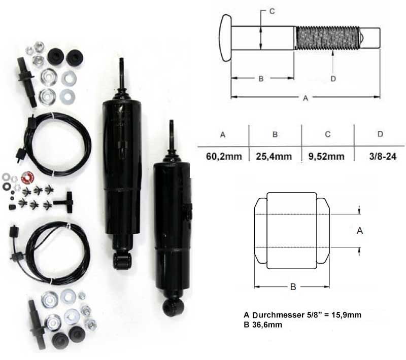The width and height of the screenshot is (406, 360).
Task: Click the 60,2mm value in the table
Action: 224,157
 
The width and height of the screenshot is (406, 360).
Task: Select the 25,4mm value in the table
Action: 274,157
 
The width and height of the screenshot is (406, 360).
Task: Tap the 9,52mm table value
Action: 326,157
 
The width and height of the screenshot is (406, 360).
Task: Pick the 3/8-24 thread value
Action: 383,157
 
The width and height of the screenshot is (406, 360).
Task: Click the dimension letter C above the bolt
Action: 272,11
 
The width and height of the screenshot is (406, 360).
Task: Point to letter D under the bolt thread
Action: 333,79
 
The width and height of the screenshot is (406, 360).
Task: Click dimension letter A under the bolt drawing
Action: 306,98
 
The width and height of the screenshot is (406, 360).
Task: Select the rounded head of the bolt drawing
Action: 225,38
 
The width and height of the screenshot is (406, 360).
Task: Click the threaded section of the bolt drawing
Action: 327,38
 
